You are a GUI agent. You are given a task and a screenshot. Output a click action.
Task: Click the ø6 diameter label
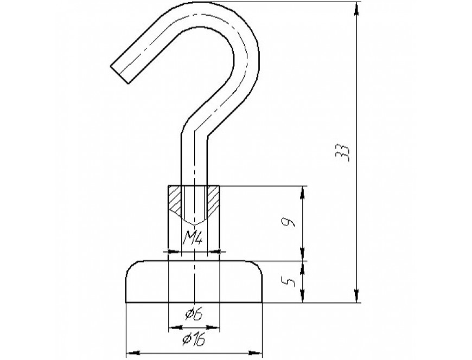[194, 314]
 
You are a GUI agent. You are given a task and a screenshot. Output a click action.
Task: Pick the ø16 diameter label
[194, 340]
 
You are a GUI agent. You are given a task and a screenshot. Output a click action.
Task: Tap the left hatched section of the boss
[175, 198]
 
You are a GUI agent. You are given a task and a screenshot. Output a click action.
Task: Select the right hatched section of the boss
[213, 198]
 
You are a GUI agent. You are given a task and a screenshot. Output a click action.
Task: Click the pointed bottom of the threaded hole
[194, 224]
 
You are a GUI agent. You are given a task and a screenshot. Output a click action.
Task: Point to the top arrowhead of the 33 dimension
[356, 9]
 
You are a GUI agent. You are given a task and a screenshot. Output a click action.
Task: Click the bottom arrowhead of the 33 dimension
[356, 296]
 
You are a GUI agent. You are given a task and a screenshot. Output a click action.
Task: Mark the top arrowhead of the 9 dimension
[303, 193]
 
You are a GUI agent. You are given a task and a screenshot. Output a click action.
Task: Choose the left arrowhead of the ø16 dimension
[133, 352]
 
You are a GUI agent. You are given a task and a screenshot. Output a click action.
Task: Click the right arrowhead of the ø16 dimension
[256, 352]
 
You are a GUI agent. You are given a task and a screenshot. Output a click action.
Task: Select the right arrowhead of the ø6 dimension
[213, 327]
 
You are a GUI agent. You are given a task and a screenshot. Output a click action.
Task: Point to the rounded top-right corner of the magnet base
[258, 266]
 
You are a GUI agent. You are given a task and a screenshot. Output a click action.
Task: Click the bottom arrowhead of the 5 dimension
[303, 296]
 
